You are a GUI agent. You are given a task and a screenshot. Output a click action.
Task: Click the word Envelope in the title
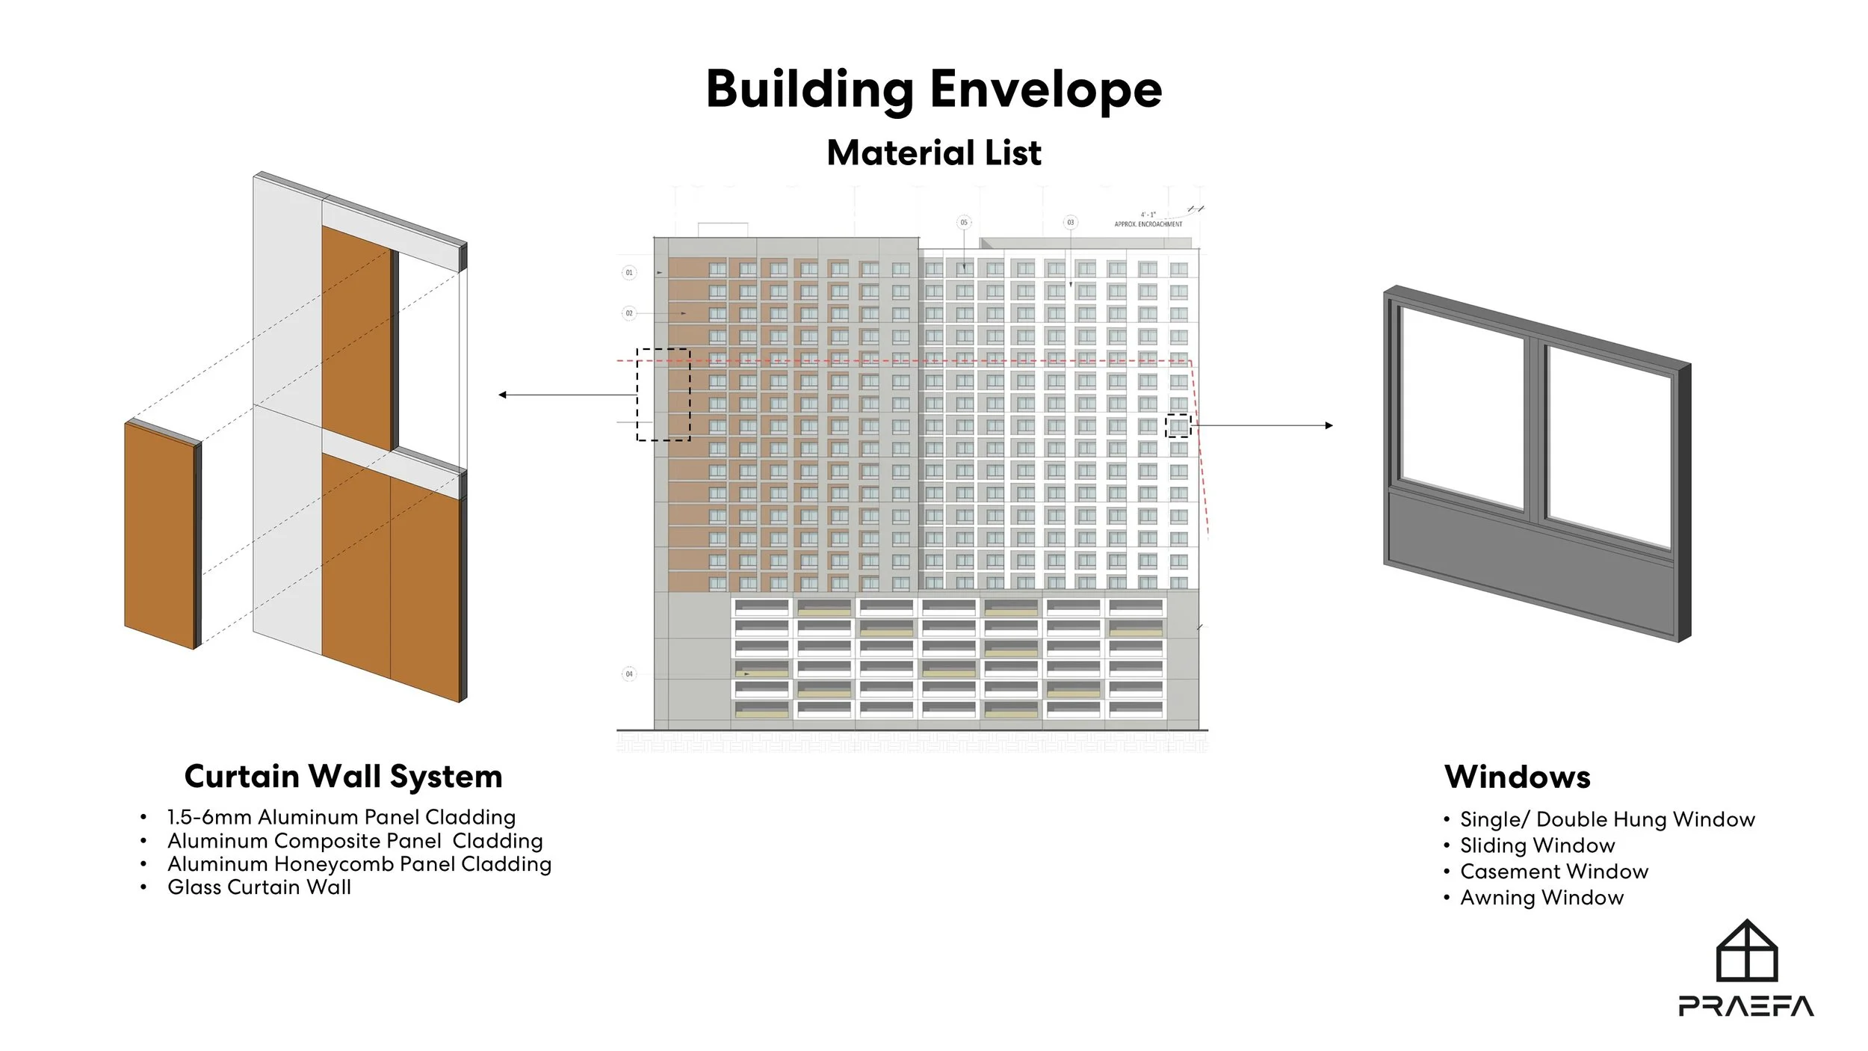(x=1045, y=90)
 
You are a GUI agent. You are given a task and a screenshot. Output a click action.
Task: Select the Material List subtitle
(x=933, y=153)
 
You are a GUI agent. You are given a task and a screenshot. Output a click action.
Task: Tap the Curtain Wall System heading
(x=343, y=777)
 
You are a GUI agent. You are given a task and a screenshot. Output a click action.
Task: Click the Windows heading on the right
(x=1517, y=777)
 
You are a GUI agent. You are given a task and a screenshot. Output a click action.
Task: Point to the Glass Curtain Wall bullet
(x=259, y=887)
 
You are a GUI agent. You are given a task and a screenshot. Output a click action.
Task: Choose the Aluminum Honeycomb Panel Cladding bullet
(x=359, y=864)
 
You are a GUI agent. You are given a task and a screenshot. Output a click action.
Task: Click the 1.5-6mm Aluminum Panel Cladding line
(x=341, y=817)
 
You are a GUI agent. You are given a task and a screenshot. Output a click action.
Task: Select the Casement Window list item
(x=1553, y=872)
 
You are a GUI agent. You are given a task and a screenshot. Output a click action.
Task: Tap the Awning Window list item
(x=1541, y=898)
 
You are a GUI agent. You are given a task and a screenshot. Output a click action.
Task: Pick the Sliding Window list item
(x=1537, y=845)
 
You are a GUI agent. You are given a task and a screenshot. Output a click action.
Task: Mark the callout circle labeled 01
(x=629, y=273)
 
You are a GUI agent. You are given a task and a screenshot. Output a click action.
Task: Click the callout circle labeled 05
(x=964, y=223)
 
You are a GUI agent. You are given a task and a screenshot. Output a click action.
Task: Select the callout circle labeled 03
(x=1071, y=223)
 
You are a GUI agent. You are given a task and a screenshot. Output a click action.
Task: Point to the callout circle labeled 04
(x=629, y=674)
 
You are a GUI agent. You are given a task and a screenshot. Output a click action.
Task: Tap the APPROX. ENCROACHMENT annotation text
(x=1148, y=224)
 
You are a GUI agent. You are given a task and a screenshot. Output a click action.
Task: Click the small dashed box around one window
(x=1178, y=425)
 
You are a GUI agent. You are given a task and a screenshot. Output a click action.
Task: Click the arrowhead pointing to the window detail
(x=1329, y=425)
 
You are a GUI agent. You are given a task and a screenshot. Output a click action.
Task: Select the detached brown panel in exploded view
(x=160, y=534)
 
